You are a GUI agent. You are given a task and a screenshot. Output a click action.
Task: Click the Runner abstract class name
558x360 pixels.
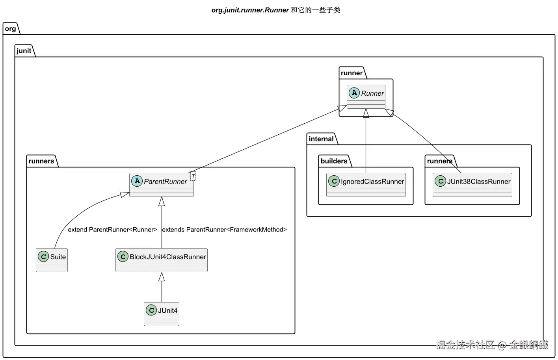[372, 93]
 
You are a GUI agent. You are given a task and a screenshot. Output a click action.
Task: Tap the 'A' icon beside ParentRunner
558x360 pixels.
[137, 181]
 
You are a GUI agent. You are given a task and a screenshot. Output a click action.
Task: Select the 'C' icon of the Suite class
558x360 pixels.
[43, 256]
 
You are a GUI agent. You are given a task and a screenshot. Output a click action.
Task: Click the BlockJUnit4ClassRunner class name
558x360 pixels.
[167, 257]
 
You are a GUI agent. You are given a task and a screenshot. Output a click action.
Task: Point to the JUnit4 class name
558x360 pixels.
[167, 310]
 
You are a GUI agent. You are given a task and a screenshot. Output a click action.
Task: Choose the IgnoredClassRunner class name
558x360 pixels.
[372, 182]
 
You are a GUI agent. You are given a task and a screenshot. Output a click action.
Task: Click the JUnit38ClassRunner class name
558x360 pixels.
[478, 182]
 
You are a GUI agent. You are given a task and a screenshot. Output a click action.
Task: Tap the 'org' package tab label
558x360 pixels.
[11, 29]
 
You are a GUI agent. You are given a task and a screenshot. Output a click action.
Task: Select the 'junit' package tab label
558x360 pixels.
[24, 51]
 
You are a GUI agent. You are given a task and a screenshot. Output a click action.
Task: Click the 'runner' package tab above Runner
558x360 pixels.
[352, 73]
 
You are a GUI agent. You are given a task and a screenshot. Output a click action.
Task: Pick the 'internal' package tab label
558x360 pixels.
[321, 139]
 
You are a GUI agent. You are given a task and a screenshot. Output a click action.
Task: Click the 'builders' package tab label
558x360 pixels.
[334, 161]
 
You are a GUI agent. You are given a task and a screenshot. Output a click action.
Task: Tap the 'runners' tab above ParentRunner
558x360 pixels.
[41, 161]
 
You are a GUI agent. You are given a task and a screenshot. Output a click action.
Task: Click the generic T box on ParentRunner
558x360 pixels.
[193, 176]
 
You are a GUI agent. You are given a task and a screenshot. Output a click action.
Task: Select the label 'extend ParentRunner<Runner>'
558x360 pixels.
[112, 230]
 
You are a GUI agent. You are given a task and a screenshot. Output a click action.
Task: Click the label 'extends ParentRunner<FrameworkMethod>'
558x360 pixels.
[224, 230]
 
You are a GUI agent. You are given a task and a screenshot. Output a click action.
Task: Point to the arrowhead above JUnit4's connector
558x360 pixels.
[162, 276]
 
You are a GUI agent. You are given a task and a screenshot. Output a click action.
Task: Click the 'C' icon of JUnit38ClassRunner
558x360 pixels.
[440, 181]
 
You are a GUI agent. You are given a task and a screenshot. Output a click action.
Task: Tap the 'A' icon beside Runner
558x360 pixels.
[354, 93]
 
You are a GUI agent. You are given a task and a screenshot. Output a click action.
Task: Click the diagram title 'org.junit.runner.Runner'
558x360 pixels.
[250, 10]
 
